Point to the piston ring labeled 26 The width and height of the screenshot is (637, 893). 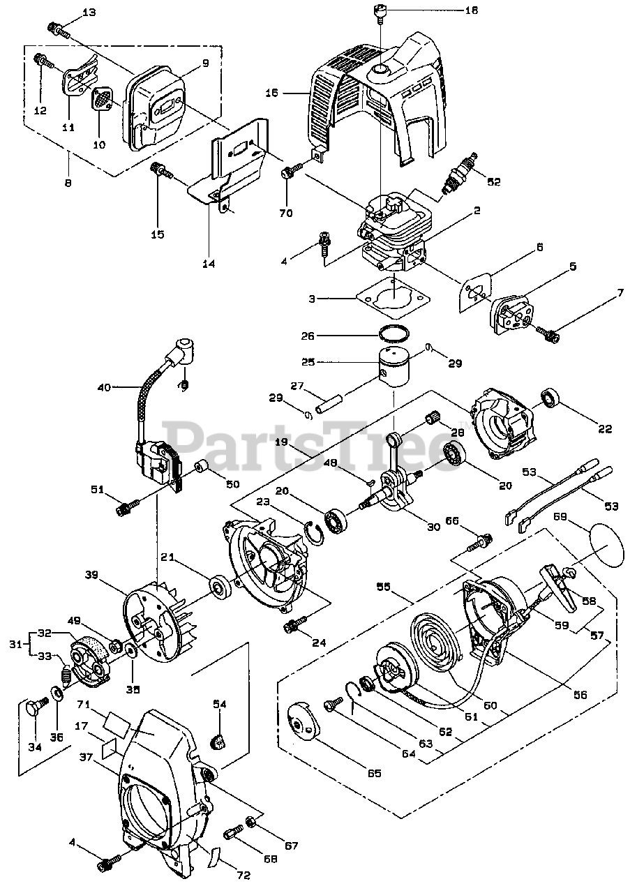click(394, 331)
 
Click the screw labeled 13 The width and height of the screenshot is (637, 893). click(57, 29)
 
